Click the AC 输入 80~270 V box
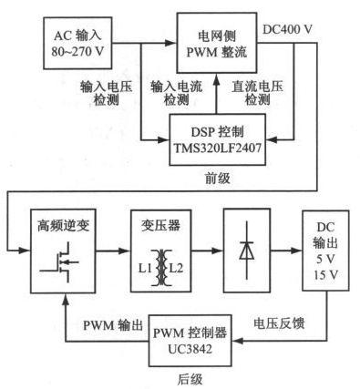77,44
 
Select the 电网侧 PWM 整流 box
217,43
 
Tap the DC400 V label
287,29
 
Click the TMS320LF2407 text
217,148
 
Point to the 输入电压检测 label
107,93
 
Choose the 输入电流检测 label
176,93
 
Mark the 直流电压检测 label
257,93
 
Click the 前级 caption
218,179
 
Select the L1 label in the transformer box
145,269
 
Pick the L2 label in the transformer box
177,269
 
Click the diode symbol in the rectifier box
246,251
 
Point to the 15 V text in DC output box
326,275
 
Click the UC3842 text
190,349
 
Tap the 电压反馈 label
279,323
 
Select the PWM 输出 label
113,326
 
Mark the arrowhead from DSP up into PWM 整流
217,79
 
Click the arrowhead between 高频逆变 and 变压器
125,251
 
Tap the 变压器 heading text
160,225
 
